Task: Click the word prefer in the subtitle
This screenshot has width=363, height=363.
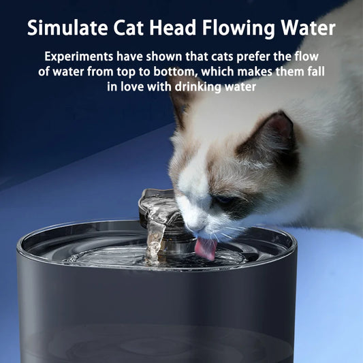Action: (x=262, y=57)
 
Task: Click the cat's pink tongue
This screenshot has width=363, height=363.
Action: (x=206, y=247)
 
